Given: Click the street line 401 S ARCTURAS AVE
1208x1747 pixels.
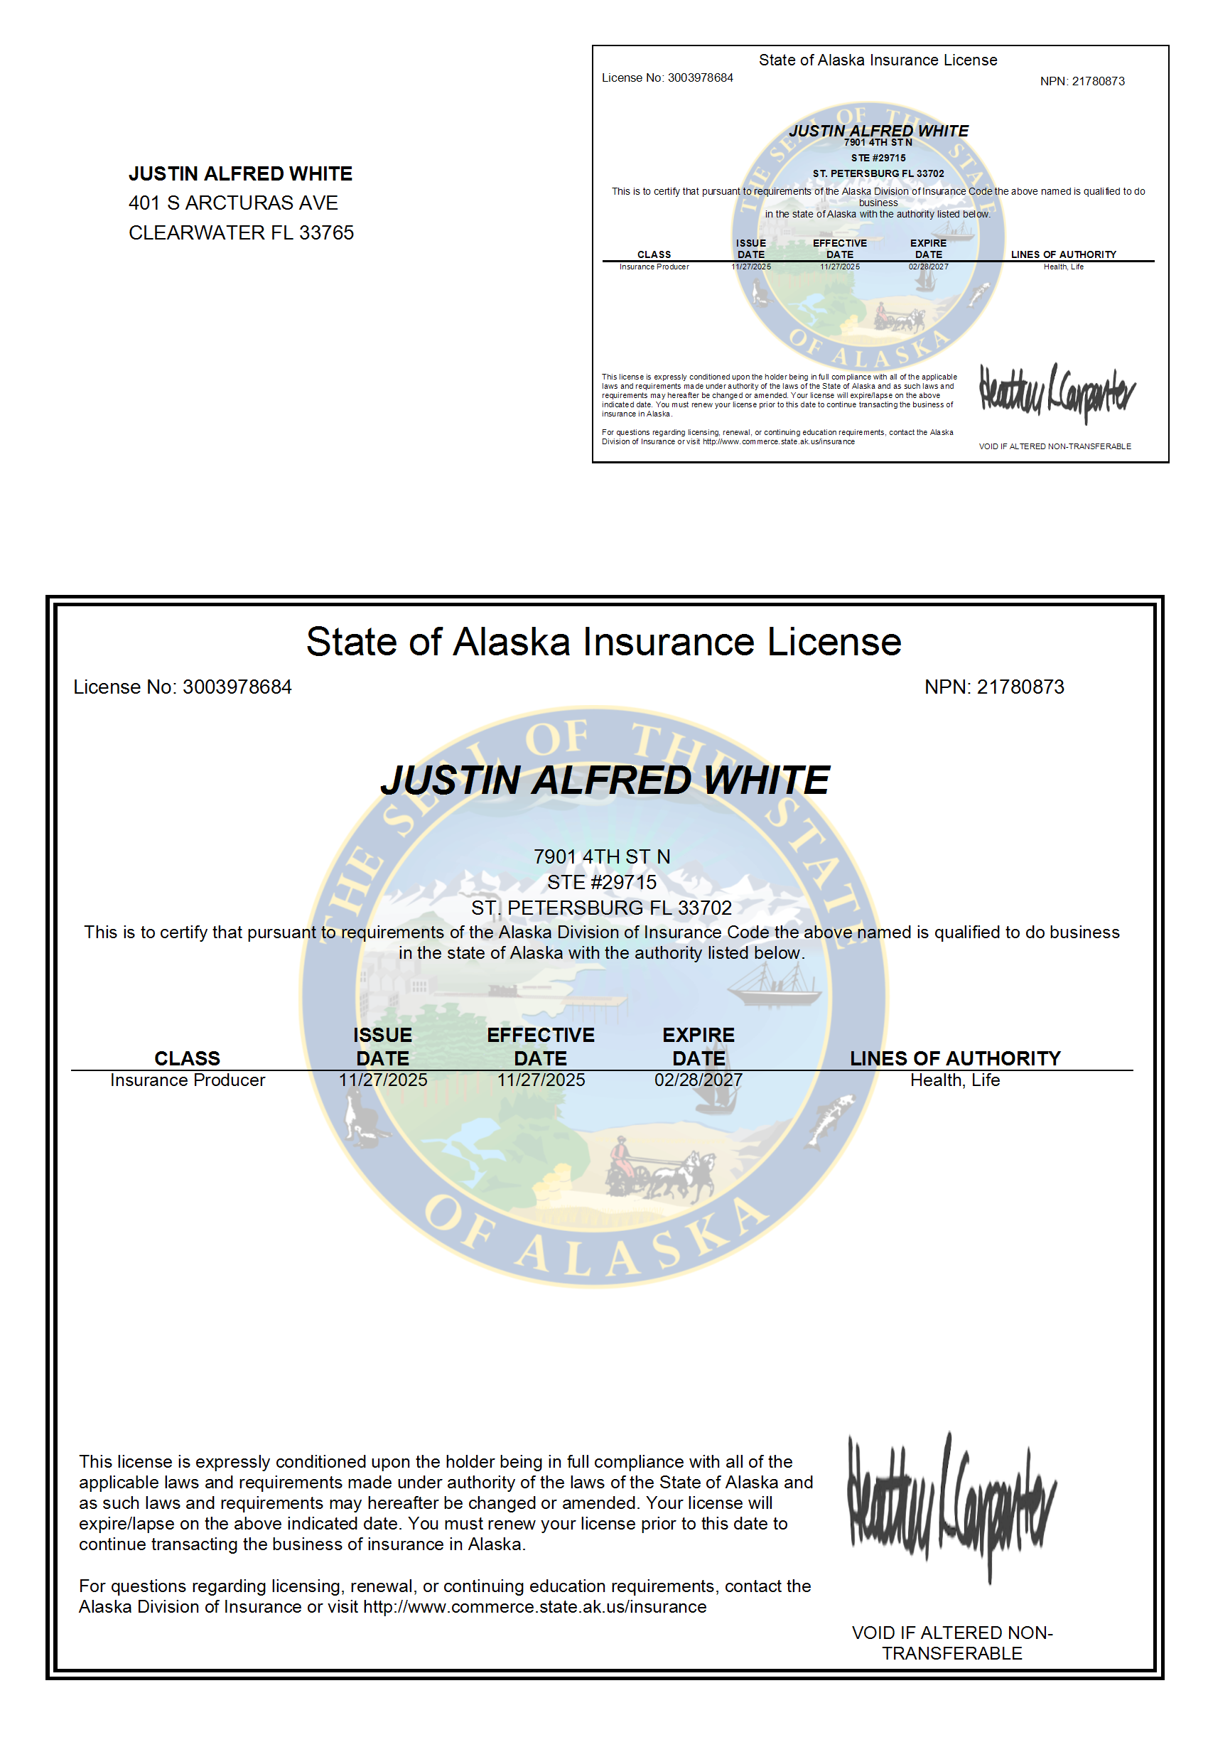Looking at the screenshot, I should coord(233,203).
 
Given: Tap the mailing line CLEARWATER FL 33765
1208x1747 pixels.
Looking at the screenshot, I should coord(241,232).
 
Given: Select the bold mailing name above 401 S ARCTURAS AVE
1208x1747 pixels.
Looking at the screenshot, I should coord(240,173).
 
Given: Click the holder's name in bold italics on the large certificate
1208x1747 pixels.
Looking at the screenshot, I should coord(604,780).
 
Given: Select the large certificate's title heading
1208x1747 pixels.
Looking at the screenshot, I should coord(603,642).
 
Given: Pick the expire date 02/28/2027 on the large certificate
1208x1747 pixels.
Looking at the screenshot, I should coord(698,1080).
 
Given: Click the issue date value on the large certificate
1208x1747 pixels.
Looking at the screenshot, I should coord(382,1080).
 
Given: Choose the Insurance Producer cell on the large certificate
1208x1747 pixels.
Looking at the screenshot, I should coord(188,1080).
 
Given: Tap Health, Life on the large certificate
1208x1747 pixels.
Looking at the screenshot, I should coord(954,1080).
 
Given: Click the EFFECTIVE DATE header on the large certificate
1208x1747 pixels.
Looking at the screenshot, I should coord(541,1046).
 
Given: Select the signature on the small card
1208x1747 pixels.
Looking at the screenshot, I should coord(1057,392).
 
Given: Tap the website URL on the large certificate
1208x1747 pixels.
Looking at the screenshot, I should coord(534,1607).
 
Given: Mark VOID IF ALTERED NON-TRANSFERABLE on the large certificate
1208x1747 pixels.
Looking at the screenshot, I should coord(951,1643).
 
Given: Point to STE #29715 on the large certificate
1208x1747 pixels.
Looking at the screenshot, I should coord(602,882).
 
